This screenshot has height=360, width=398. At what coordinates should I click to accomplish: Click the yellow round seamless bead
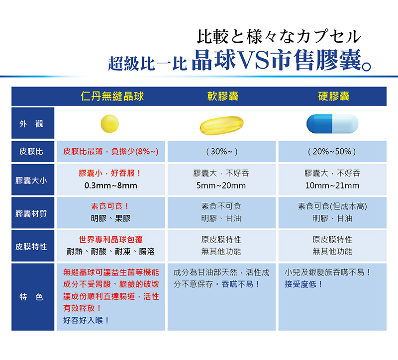[x=109, y=123]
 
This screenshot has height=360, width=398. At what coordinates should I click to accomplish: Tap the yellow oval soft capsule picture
[x=221, y=125]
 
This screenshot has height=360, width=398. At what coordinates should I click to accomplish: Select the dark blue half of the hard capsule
[x=319, y=123]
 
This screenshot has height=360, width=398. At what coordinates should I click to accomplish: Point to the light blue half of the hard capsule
[x=345, y=123]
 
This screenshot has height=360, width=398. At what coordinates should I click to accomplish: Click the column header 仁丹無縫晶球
[x=112, y=96]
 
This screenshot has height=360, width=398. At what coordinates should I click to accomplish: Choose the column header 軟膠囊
[x=223, y=96]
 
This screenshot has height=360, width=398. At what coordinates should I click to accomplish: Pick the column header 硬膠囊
[x=334, y=96]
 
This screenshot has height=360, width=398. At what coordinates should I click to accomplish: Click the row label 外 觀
[x=31, y=124]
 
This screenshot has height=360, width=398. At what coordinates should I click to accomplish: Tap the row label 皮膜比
[x=31, y=152]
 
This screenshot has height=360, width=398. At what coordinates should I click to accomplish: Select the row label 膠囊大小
[x=31, y=180]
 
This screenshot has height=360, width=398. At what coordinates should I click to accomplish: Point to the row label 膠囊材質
[x=31, y=214]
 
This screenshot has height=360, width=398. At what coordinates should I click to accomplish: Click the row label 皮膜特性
[x=31, y=246]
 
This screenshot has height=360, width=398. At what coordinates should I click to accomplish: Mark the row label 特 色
[x=31, y=296]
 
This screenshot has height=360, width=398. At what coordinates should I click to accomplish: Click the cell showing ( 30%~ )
[x=222, y=152]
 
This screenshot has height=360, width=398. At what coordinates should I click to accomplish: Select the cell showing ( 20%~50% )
[x=332, y=152]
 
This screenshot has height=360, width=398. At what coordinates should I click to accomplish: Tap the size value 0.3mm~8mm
[x=110, y=185]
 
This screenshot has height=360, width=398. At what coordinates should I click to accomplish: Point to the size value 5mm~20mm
[x=221, y=185]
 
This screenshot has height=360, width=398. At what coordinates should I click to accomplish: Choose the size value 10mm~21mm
[x=332, y=185]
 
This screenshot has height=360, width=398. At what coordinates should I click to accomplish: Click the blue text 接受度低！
[x=303, y=284]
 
